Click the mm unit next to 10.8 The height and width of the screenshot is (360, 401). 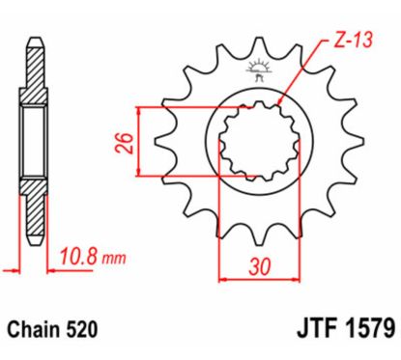(x=114, y=260)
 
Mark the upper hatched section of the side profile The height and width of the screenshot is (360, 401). (x=35, y=72)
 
